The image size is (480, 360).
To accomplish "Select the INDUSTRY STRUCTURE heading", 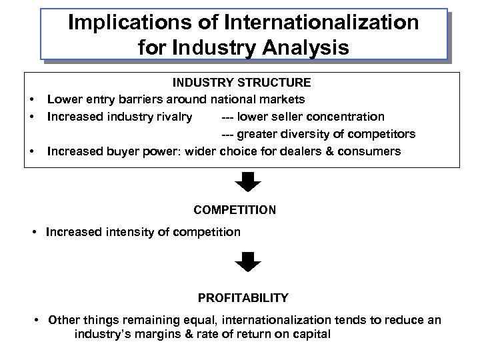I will [241, 83].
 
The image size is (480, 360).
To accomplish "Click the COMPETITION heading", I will [235, 209].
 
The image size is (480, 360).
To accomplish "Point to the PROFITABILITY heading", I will [243, 297].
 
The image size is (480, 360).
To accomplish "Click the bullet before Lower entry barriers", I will [31, 100].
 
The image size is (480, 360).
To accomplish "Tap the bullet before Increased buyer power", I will [31, 151].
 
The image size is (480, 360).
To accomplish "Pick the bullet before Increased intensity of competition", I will [35, 232].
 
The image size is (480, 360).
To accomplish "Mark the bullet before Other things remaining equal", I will [38, 320].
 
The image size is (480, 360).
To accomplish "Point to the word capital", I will [311, 333].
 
